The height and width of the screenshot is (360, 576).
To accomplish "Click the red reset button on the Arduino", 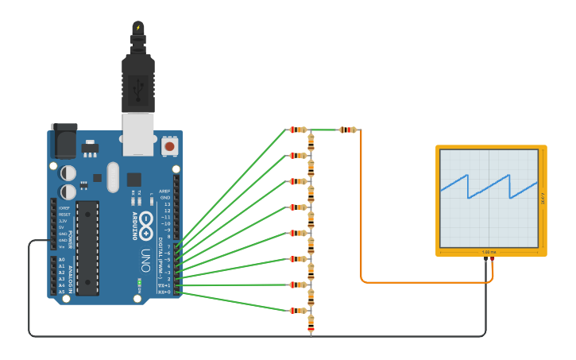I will pos(169,146).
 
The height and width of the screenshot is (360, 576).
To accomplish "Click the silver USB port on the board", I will pos(137,133).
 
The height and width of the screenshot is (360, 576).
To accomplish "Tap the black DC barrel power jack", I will pos(64,141).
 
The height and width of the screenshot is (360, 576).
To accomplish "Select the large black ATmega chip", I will pos(87,247).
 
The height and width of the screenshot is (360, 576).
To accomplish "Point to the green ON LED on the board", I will pos(139,282).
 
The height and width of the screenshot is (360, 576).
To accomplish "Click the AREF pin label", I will pos(165,191).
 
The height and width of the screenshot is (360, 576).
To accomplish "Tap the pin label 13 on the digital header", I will pos(167,203).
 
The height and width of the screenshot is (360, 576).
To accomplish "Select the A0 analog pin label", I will pos(61,260).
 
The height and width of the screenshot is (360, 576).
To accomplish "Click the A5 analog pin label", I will pos(61,292).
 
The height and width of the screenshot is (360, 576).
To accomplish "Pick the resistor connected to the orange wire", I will pos(347,130).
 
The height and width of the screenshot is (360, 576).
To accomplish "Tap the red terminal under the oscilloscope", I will pos(493,259).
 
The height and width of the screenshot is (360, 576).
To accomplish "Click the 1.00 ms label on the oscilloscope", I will pos(489,253).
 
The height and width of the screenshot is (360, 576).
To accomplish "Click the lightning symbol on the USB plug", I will pos(138,28).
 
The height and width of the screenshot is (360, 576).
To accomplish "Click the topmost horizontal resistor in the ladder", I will pos(297,130).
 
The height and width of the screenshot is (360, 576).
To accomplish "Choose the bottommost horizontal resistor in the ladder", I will pos(297,311).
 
